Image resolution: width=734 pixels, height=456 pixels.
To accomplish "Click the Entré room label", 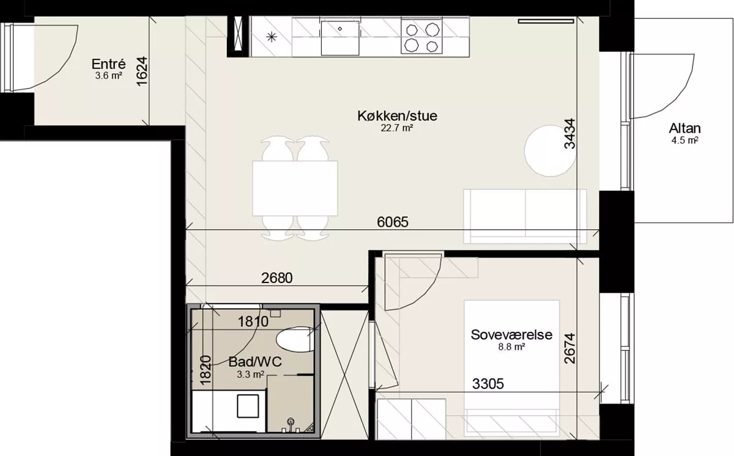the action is coord(108,64).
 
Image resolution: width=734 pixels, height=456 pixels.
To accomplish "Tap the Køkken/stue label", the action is coord(397,116).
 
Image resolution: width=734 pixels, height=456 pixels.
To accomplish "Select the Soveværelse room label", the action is coord(511,334).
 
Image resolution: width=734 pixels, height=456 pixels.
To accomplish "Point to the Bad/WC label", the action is coord(255,362).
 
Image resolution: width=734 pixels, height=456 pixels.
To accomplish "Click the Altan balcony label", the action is coord(685,128).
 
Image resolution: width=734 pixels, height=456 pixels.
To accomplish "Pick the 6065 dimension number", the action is coord(393,222).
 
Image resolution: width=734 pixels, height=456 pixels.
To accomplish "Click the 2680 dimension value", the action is coord(277,278).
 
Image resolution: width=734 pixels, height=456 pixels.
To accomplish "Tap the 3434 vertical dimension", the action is coord(570,133).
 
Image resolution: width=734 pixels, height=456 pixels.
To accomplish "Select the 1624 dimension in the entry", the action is coord(142,72).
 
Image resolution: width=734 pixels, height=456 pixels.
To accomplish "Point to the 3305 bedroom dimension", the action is coord(488,384).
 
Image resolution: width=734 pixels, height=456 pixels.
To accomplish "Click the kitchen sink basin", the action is coord(340,38).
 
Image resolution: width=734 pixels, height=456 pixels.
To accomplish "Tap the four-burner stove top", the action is coord(422,37).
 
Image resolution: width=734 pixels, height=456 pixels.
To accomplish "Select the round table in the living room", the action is coord(550,151).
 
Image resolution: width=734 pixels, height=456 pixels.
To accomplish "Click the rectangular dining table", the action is coord(295,188).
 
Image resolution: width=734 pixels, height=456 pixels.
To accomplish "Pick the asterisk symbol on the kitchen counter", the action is coord(272,37).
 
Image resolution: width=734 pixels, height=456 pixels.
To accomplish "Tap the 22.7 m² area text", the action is coord(396,128).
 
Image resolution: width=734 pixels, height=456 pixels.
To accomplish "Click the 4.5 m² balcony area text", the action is coord(685,141).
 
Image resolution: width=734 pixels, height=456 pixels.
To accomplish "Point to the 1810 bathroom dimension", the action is coord(253,322).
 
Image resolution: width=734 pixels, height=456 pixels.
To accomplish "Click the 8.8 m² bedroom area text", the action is coord(512,347).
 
